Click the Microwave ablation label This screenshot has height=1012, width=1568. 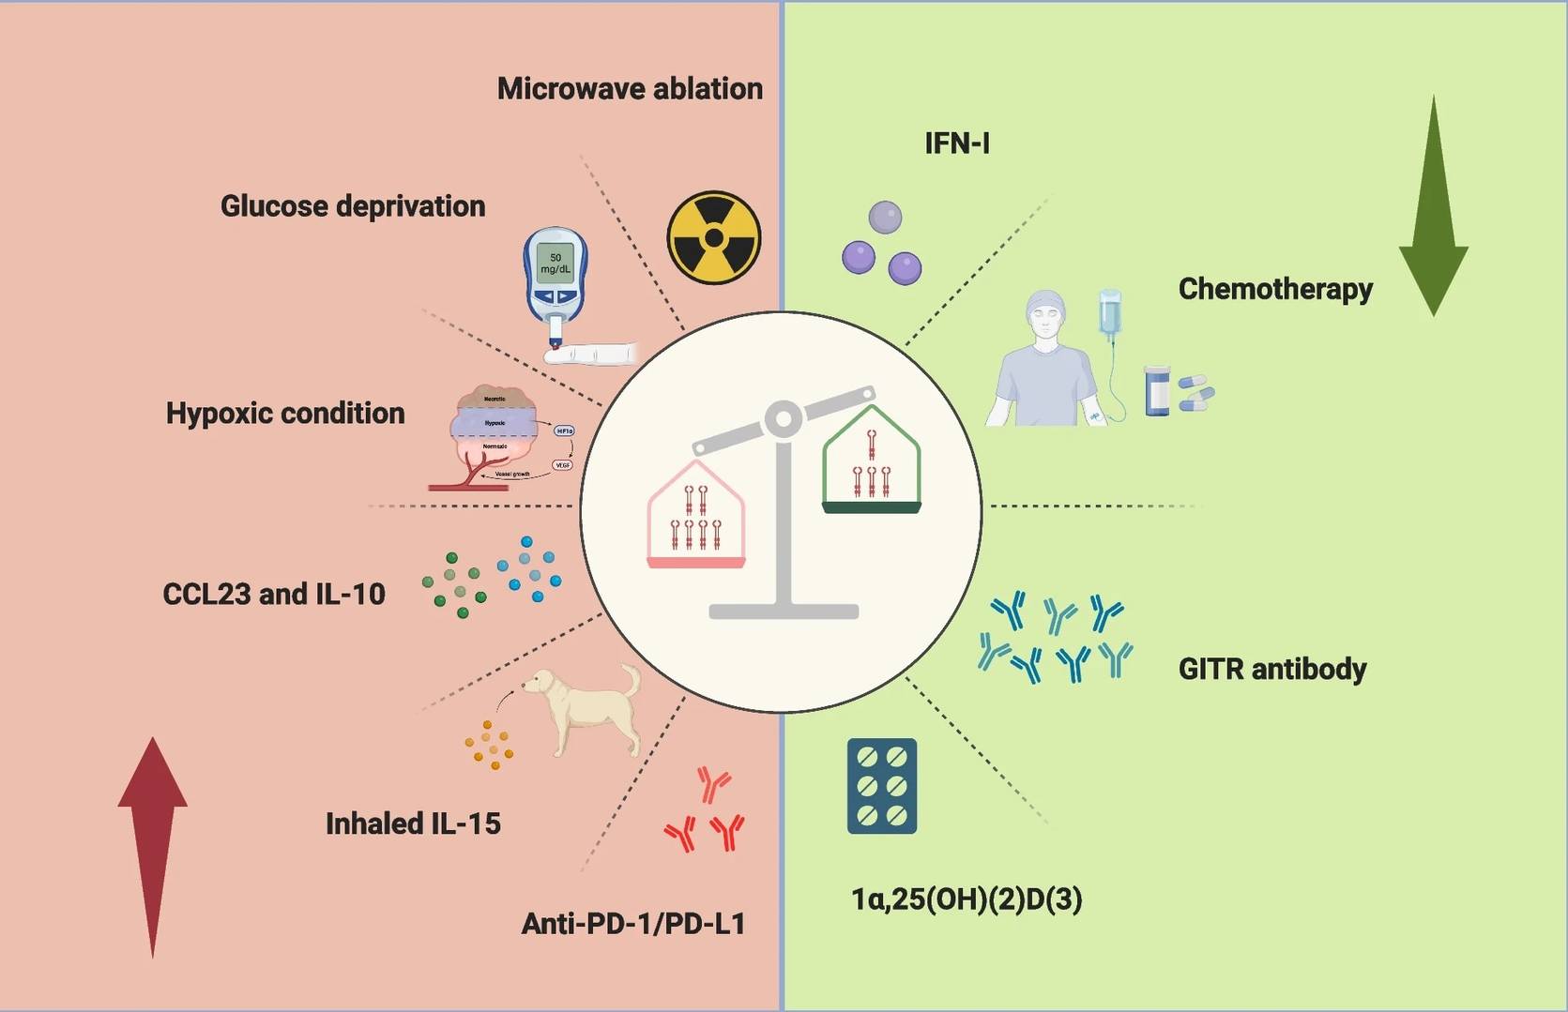tap(630, 89)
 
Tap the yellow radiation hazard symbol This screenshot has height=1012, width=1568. tap(714, 238)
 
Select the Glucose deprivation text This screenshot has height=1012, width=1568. tap(353, 206)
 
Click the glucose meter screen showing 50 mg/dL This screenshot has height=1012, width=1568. tap(556, 264)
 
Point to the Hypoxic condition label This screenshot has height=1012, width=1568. tap(285, 414)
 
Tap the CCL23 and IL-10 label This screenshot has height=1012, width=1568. tap(274, 595)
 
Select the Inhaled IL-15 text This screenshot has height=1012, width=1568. tap(413, 823)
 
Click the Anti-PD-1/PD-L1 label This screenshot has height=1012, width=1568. tap(633, 924)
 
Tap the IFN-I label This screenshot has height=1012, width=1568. tap(957, 143)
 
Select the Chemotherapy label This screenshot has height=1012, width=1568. tap(1275, 289)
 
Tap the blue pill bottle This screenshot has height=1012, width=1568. tap(1158, 391)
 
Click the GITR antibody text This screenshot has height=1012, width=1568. tap(1271, 670)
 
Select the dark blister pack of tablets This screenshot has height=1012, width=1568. tap(882, 786)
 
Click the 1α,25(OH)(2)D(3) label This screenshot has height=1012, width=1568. tap(967, 899)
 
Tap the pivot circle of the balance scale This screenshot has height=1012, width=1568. tap(783, 419)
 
